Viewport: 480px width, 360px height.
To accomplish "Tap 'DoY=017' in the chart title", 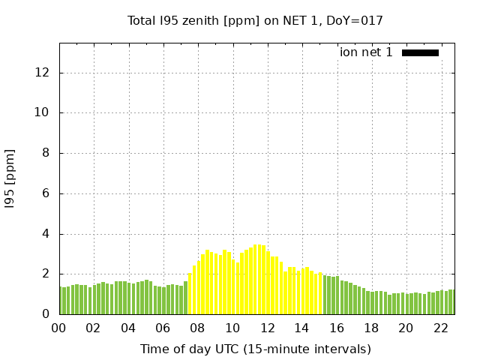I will coord(358,20).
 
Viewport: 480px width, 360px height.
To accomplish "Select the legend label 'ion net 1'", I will coord(366,52).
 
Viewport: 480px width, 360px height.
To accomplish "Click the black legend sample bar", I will coord(420,52).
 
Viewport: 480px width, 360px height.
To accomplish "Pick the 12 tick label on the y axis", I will coord(43,73).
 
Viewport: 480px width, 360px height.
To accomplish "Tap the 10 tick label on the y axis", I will coord(43,113).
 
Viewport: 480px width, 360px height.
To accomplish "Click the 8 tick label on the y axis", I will coord(46,153).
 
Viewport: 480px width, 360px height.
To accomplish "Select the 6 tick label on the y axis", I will coord(46,193).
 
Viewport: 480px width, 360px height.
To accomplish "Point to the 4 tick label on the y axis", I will coord(46,234).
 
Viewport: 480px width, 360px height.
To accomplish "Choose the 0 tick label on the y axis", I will coord(46,314).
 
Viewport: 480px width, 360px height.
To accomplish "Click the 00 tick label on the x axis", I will coord(59,328).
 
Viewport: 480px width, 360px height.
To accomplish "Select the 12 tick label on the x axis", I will coord(267,328).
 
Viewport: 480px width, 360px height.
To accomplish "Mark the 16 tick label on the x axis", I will coord(337,328).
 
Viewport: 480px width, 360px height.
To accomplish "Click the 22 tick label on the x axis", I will coord(440,328).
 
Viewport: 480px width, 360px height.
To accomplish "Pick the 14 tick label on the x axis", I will coord(301,328).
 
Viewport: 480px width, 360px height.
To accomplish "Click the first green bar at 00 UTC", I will coord(61,300).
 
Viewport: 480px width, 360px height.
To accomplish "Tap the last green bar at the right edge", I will coord(452,301).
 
